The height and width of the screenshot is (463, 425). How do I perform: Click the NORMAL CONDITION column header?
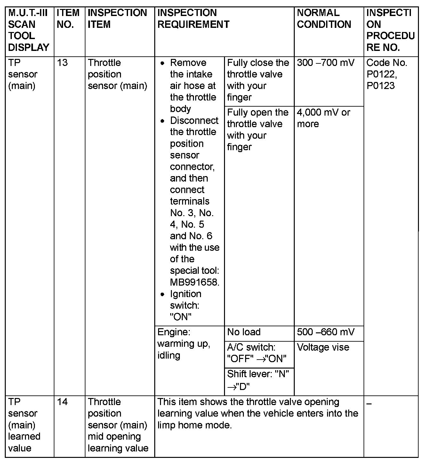pyautogui.click(x=324, y=19)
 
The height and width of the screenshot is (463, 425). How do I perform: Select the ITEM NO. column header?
pyautogui.click(x=68, y=19)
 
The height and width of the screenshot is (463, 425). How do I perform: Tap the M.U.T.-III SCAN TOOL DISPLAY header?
pyautogui.click(x=29, y=30)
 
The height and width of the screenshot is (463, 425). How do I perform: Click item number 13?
pyautogui.click(x=62, y=63)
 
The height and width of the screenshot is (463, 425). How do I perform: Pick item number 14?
pyautogui.click(x=62, y=402)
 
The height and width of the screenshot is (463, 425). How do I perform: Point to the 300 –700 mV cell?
pyautogui.click(x=325, y=63)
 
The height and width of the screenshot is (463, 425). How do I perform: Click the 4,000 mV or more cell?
pyautogui.click(x=324, y=118)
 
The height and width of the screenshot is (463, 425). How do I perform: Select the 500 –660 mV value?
pyautogui.click(x=325, y=332)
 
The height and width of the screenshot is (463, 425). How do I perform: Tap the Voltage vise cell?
pyautogui.click(x=323, y=347)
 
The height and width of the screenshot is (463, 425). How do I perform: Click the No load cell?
pyautogui.click(x=244, y=332)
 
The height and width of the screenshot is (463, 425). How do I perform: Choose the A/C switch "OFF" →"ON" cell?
pyautogui.click(x=257, y=353)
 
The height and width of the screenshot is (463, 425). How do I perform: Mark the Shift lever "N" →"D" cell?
pyautogui.click(x=258, y=380)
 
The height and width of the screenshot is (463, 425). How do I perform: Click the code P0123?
pyautogui.click(x=381, y=86)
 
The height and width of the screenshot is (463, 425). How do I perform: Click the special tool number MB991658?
pyautogui.click(x=194, y=282)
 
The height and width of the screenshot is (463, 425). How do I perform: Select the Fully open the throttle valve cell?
pyautogui.click(x=258, y=130)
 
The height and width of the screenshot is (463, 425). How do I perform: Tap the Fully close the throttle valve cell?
pyautogui.click(x=258, y=80)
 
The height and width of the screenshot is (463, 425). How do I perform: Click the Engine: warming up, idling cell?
pyautogui.click(x=184, y=344)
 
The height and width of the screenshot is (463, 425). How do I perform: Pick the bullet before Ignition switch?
pyautogui.click(x=163, y=294)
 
